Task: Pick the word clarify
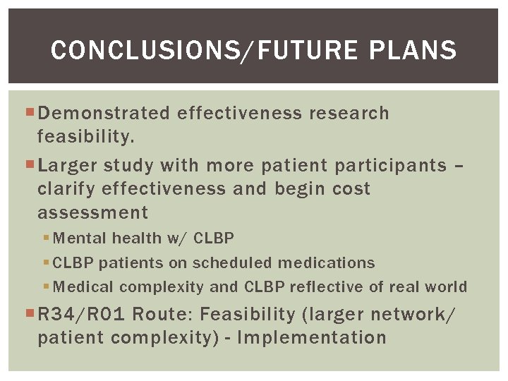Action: [67, 189]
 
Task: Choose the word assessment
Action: [93, 212]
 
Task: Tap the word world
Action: [445, 286]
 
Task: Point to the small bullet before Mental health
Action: [46, 238]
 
